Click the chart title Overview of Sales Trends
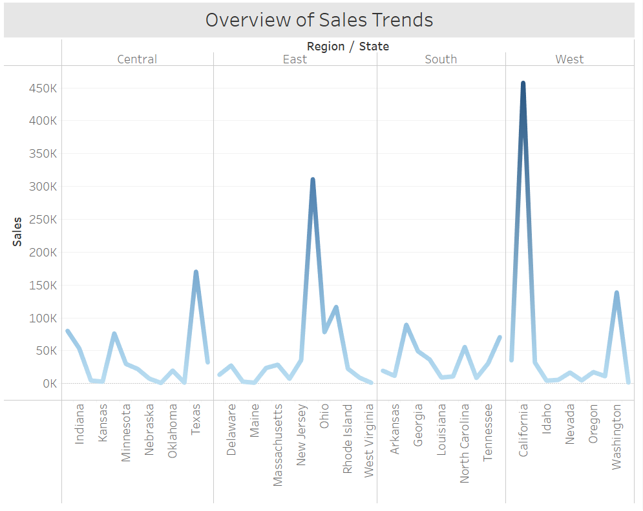click(319, 20)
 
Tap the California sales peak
click(523, 83)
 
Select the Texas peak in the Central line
click(196, 272)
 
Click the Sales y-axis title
click(17, 231)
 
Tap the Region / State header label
click(348, 46)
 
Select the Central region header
click(137, 59)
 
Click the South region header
click(441, 59)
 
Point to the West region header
click(569, 59)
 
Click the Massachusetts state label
click(278, 445)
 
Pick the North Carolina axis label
click(465, 444)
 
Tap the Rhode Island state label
click(348, 439)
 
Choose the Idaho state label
click(546, 420)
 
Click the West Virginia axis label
click(369, 441)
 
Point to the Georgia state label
click(418, 425)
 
